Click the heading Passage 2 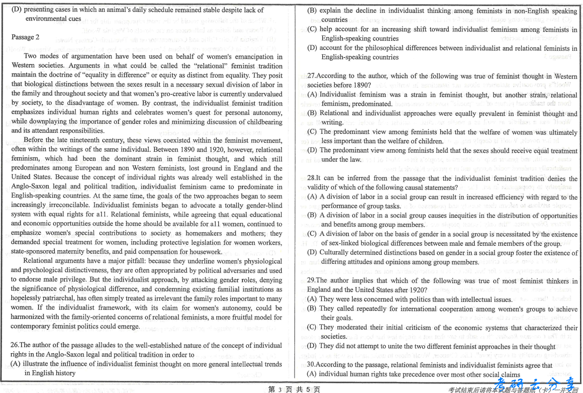tap(25, 37)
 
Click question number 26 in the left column tap(14, 345)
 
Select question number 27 tap(311, 76)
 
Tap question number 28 tap(311, 178)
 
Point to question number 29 tap(311, 281)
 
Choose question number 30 tap(311, 365)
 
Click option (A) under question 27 tap(312, 95)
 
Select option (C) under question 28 tap(312, 234)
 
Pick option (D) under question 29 tap(312, 346)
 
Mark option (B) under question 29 tap(312, 309)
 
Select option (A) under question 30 tap(312, 374)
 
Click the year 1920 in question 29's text tap(419, 290)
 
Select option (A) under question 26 tap(16, 364)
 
